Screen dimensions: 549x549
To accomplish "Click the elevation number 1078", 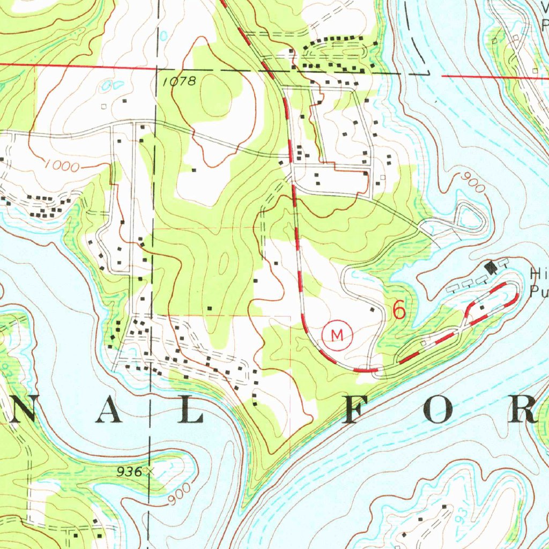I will click(x=180, y=81).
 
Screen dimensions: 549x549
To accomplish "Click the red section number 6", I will click(x=398, y=310).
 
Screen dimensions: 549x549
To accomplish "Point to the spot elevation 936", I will click(x=131, y=472).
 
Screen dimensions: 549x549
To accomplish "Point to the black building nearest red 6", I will click(x=372, y=309).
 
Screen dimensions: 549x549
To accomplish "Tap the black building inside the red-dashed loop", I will click(x=482, y=307).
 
